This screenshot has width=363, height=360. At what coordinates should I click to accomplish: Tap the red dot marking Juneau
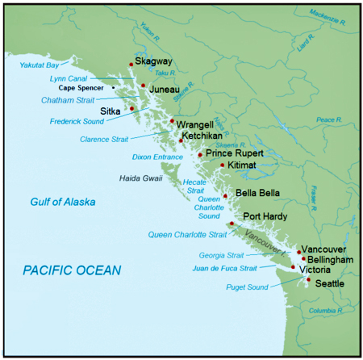(x=143, y=85)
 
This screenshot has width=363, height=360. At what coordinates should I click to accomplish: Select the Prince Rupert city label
(x=235, y=152)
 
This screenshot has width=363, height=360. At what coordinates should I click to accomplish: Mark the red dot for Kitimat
(x=222, y=165)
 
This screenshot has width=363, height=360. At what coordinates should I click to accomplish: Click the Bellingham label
(x=330, y=262)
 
